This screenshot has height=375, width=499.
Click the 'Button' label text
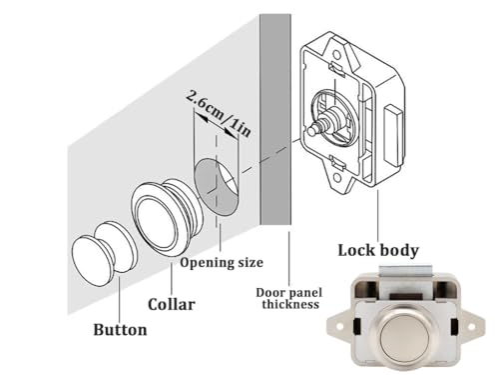[x=119, y=329]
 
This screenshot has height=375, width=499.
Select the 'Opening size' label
[x=222, y=263]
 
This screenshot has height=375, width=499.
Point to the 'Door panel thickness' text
[x=289, y=296]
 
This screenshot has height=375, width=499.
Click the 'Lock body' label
[x=377, y=250]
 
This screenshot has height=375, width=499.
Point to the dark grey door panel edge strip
[x=273, y=130]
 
